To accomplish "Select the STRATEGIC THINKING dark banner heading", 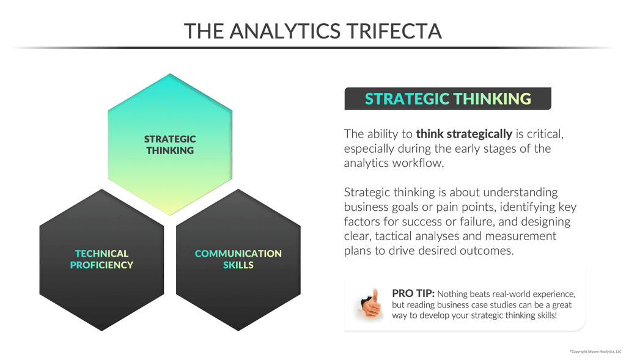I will click(447, 99).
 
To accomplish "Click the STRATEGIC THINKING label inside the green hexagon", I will click(170, 145).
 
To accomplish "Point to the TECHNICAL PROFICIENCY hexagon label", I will click(101, 259).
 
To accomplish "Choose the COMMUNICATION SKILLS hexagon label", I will click(238, 259).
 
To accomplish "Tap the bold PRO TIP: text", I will click(413, 293).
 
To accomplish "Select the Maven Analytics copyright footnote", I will click(595, 351).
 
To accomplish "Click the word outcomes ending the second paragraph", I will click(482, 251).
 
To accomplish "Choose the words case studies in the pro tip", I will click(488, 305).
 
